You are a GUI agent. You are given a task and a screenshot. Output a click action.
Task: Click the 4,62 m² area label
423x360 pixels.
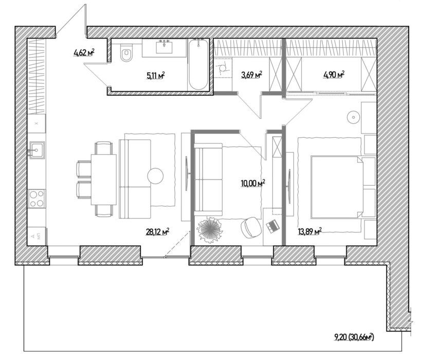tap(84, 52)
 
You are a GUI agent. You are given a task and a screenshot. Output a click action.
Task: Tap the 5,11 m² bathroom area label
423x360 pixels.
tap(156, 76)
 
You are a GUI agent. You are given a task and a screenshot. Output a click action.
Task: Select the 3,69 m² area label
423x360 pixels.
tap(252, 75)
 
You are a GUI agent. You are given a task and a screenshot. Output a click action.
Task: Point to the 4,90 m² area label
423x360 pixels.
tap(334, 74)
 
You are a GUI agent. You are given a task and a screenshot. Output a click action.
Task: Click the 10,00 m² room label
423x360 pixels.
tap(253, 184)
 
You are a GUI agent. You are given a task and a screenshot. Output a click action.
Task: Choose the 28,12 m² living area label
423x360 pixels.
tap(158, 232)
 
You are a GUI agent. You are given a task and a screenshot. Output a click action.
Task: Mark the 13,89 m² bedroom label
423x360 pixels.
tap(310, 231)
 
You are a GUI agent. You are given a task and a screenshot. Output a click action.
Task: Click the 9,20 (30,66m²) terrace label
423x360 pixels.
tap(354, 337)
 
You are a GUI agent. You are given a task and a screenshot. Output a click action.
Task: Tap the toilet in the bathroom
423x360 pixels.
tap(126, 53)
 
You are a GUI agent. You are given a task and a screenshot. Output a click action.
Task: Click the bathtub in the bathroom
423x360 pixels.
tap(198, 64)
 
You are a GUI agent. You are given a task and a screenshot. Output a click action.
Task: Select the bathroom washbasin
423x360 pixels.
tap(164, 47)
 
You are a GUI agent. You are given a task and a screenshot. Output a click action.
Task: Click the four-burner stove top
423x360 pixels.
tap(36, 199)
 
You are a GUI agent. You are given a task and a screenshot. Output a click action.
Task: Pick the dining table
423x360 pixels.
tap(104, 179)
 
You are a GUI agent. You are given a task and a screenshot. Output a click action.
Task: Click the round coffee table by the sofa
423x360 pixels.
tap(155, 176)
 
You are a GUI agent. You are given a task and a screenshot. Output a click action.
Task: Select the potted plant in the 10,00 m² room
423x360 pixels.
tap(210, 230)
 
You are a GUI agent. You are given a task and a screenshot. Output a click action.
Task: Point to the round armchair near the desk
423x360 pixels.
tap(251, 228)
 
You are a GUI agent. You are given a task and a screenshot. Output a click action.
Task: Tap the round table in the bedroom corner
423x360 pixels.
tap(353, 117)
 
